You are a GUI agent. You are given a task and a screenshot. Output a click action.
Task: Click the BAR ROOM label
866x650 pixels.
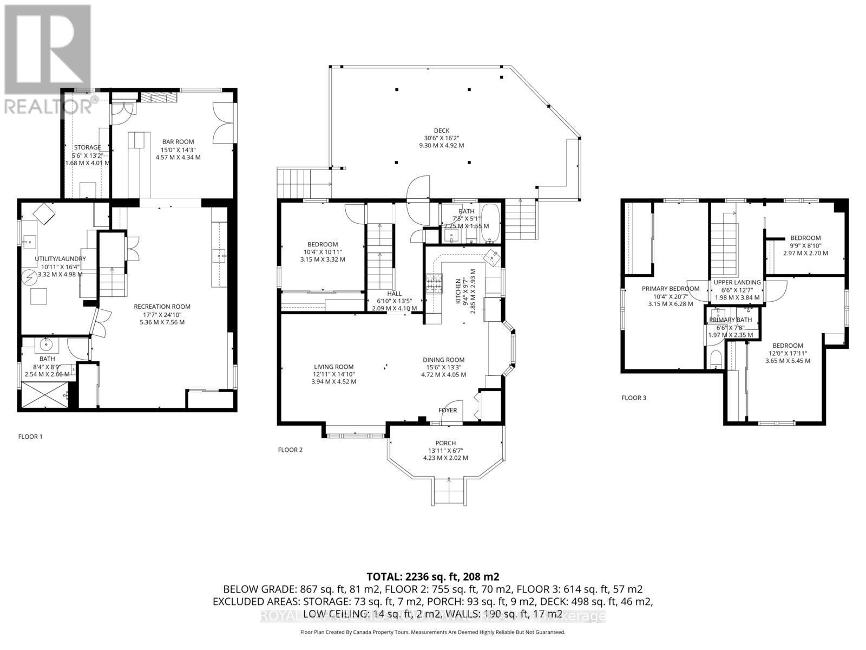tap(178, 142)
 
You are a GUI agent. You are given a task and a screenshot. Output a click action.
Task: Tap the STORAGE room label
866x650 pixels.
tap(87, 147)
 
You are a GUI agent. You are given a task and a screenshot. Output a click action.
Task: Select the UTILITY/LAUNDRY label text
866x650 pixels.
tap(61, 259)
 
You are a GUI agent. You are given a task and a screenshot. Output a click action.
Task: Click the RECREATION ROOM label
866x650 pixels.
tap(162, 307)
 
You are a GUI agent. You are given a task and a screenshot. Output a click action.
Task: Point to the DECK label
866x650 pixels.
tap(442, 130)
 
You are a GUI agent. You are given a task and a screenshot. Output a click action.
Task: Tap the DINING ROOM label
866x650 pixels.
tap(444, 360)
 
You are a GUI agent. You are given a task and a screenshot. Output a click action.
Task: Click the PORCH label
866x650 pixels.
tap(445, 443)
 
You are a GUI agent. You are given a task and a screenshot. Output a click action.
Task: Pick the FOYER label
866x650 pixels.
tap(448, 410)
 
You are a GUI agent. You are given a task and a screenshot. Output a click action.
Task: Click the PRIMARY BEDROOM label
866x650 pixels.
tap(671, 289)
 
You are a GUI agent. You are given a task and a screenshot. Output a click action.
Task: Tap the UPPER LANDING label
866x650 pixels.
tap(737, 282)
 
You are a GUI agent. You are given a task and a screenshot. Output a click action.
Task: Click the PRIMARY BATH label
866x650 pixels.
tap(731, 320)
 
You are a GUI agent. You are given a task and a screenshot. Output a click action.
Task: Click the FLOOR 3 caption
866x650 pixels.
tap(634, 398)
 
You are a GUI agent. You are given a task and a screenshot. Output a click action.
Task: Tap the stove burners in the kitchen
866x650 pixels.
tap(435, 284)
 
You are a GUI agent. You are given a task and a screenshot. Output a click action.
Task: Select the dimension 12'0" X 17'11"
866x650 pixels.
tap(788, 353)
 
